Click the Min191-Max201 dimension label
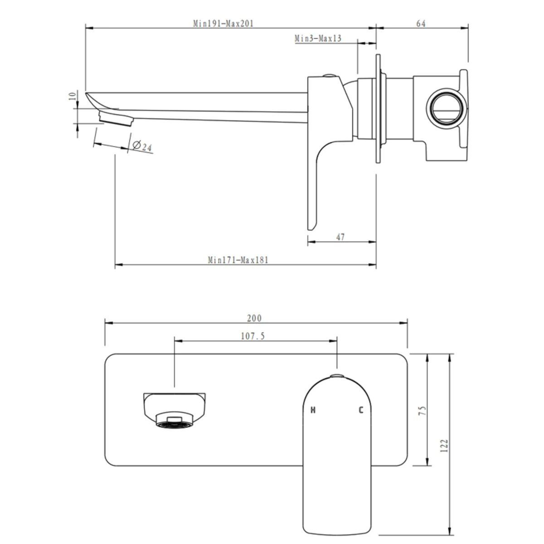coord(223,24)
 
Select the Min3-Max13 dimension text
coord(318,39)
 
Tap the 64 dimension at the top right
coord(421,24)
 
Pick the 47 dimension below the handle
coord(341,237)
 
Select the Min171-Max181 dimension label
coord(238,260)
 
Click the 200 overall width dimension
coord(254,318)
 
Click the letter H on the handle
coord(312,411)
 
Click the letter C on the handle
coord(361,411)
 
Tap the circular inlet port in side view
coord(445,107)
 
